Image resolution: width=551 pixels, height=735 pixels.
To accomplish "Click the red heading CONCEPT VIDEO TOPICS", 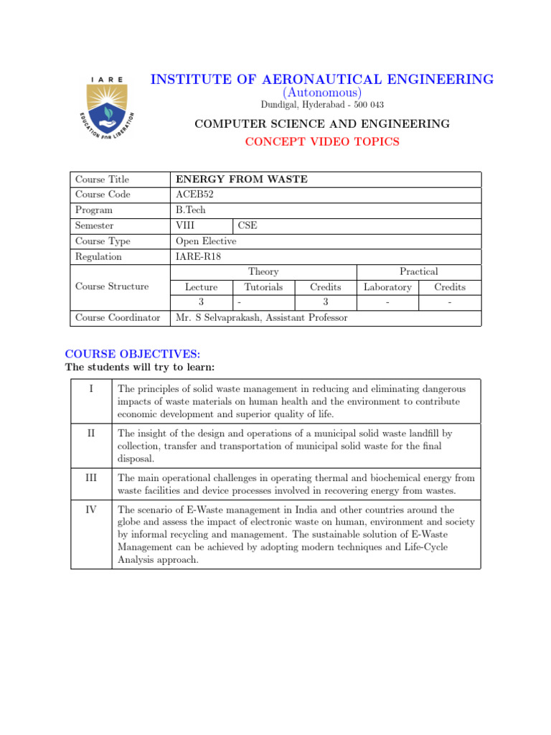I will (x=322, y=141).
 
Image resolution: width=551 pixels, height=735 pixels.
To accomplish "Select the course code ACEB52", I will (x=194, y=195).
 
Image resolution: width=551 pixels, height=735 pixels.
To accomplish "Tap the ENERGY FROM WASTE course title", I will (x=241, y=179).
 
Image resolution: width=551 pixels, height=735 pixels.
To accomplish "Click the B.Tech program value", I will (x=191, y=210).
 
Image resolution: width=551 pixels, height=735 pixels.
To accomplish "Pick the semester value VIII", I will (x=185, y=225).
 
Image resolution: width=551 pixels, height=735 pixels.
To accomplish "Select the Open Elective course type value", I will (x=206, y=241).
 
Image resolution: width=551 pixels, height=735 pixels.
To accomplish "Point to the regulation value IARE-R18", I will (x=199, y=256).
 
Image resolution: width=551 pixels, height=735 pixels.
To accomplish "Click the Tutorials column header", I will (x=263, y=287).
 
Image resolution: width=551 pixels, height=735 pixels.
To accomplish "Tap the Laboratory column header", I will (x=387, y=287).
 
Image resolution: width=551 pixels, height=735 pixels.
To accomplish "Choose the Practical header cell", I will (x=418, y=271).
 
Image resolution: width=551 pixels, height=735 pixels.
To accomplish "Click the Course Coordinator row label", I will (x=118, y=317).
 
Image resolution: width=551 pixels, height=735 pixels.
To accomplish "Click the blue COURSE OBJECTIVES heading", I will (x=133, y=354).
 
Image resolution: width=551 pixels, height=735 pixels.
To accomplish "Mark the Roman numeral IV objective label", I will (x=91, y=510).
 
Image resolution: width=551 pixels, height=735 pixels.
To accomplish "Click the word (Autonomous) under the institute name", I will (x=322, y=93).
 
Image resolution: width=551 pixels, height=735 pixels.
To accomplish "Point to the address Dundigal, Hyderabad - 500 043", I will (x=322, y=105).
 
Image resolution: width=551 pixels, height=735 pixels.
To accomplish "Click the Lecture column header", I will (x=202, y=287).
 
